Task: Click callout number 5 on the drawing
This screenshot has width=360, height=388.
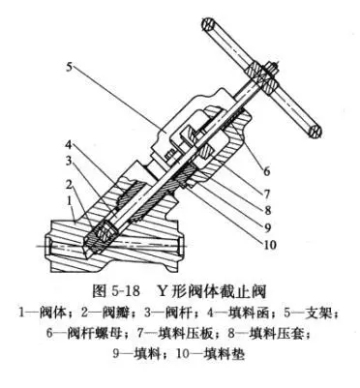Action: (70, 67)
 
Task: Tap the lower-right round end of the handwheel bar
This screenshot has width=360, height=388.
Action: (313, 129)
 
